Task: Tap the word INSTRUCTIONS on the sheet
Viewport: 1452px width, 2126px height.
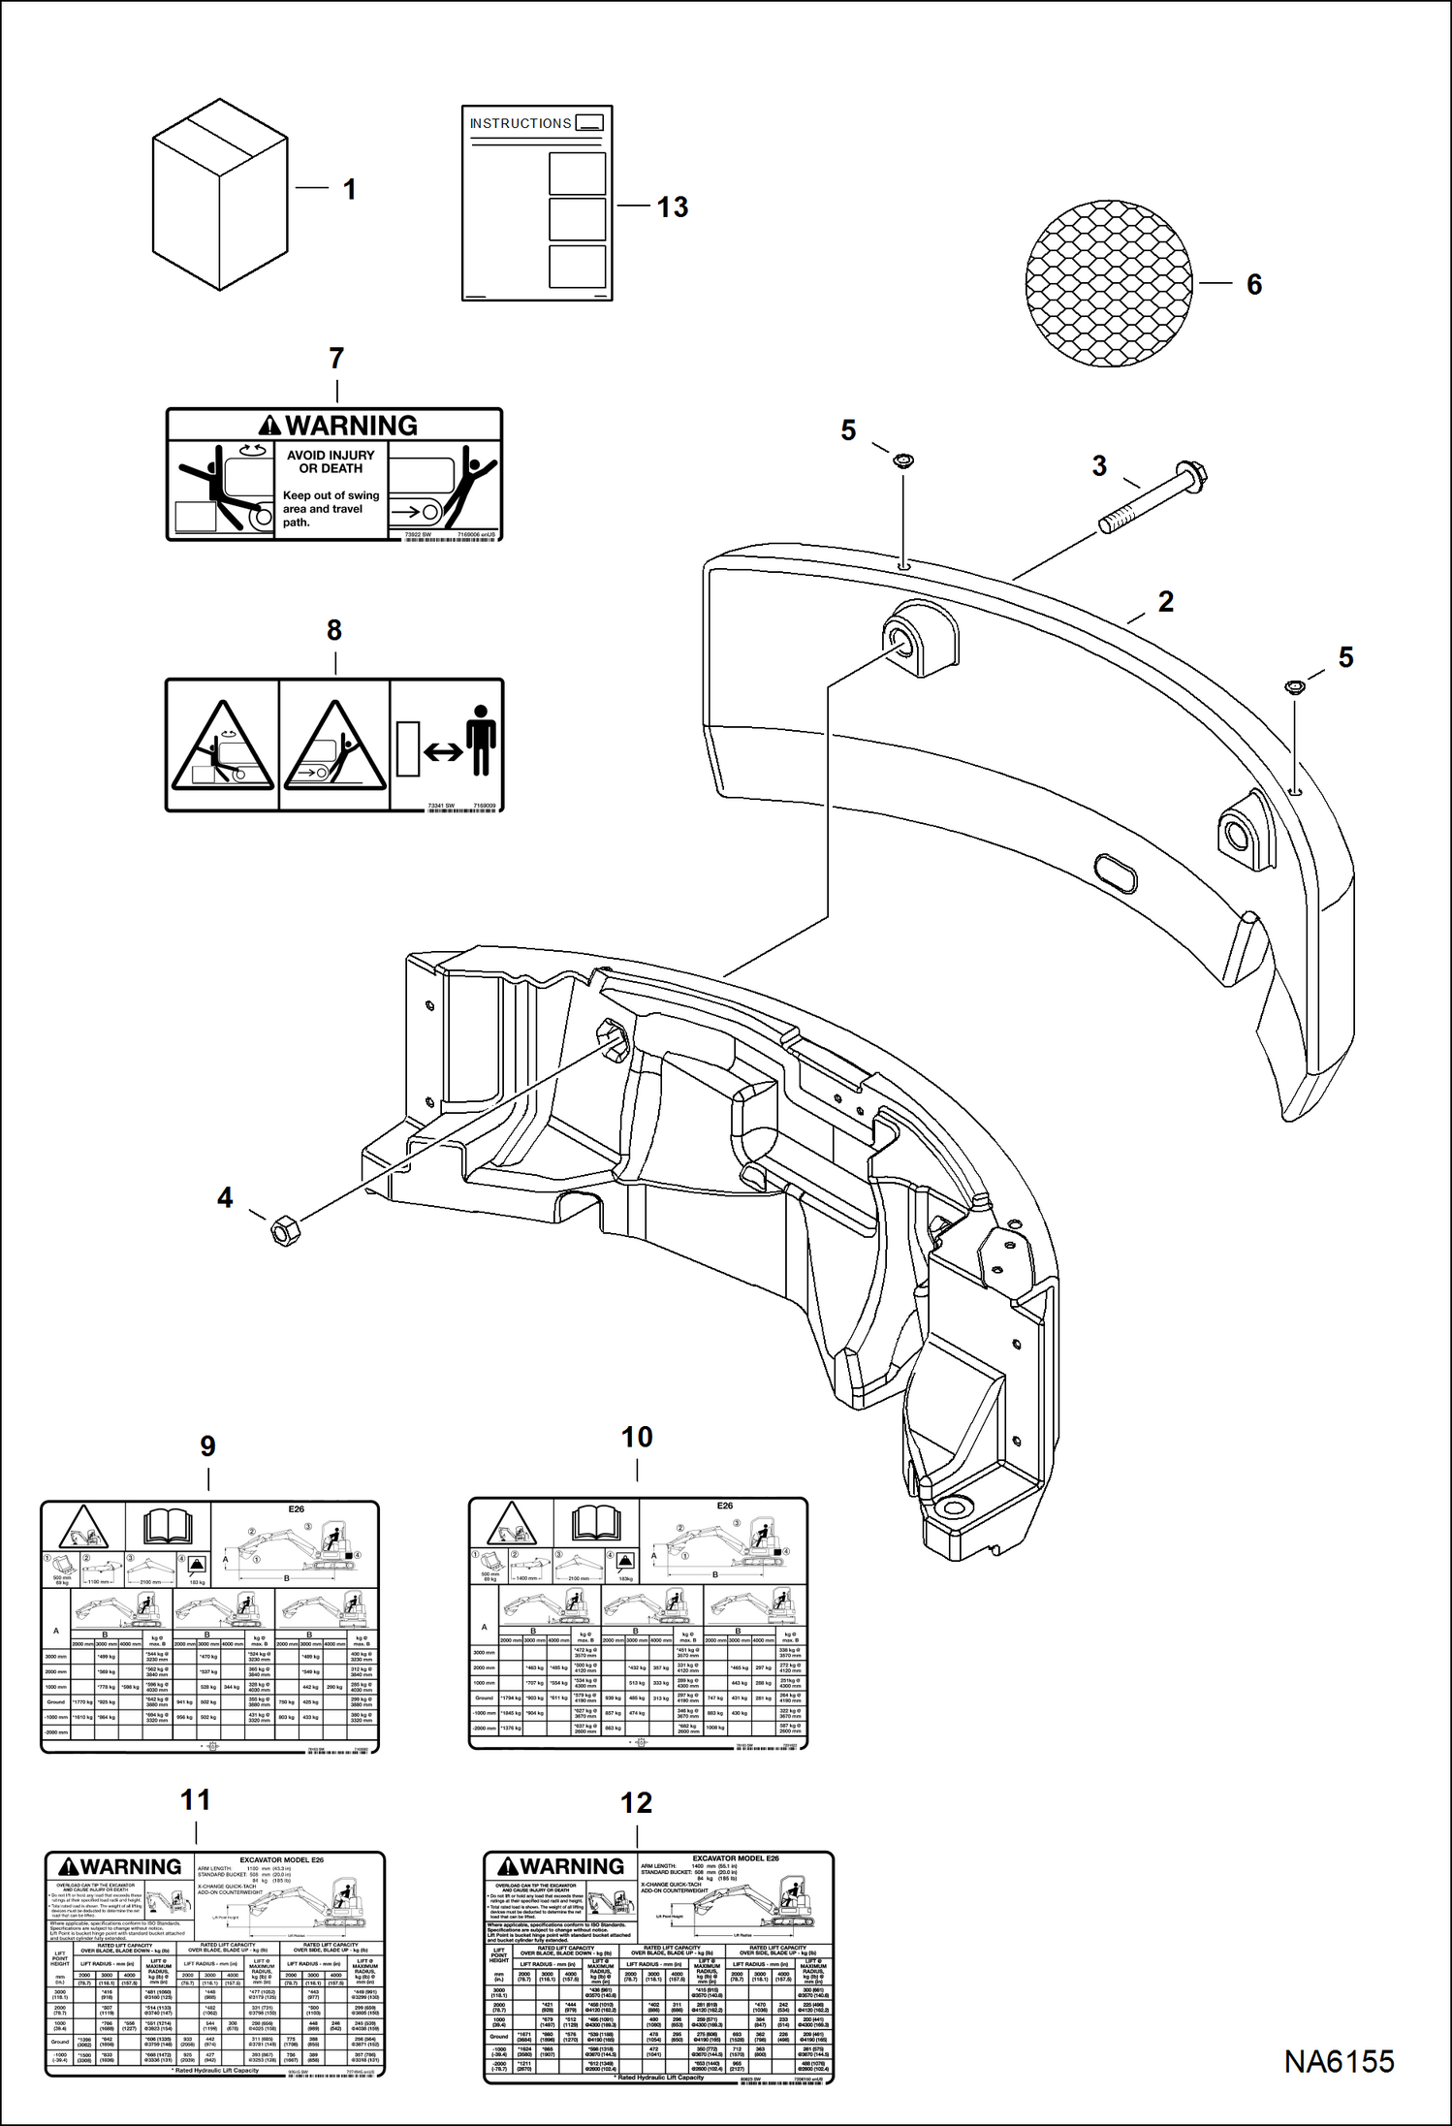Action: tap(521, 124)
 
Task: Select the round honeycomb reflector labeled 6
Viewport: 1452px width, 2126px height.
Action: tap(1109, 284)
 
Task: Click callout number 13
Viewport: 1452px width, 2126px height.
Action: tap(672, 207)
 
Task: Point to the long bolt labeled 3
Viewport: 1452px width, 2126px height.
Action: tap(1152, 500)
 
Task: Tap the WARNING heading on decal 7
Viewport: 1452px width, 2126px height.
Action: tap(338, 426)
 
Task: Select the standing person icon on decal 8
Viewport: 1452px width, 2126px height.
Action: tap(480, 739)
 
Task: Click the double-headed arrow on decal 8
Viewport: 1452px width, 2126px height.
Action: tap(443, 751)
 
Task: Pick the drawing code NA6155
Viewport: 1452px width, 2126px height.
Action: tap(1339, 2062)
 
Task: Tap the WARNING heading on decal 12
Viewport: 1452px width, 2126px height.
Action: tap(560, 1866)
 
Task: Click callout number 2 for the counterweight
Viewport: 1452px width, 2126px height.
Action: tap(1166, 602)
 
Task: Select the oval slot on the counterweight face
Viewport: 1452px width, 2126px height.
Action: tap(1115, 873)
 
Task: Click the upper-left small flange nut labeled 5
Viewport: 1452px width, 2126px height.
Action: tap(903, 460)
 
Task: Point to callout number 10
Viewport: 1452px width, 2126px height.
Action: tap(637, 1438)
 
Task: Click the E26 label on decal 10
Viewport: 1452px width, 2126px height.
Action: tap(725, 1506)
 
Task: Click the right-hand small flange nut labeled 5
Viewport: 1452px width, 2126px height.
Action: tap(1295, 687)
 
